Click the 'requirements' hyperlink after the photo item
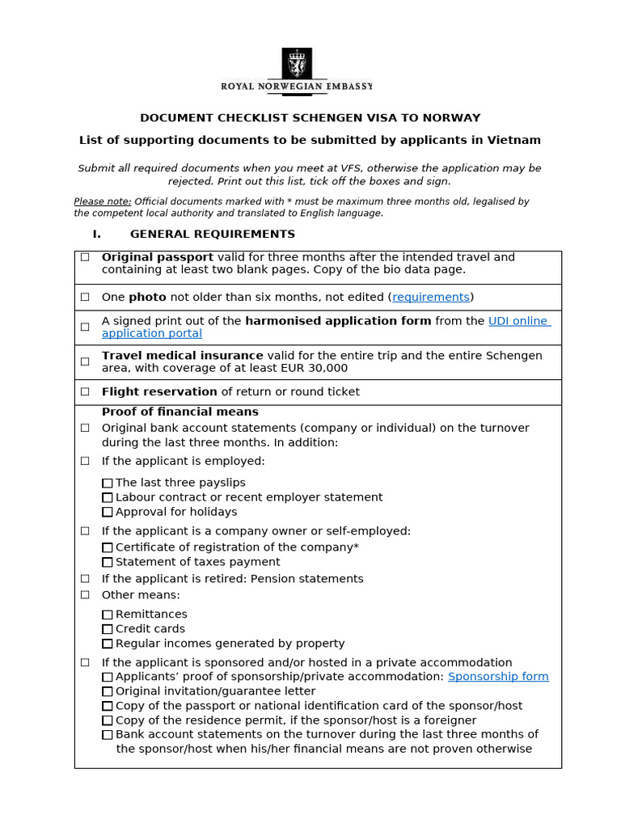coord(431,297)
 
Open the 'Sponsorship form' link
coord(498,676)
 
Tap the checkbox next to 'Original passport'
coord(85,257)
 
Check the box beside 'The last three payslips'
coord(108,483)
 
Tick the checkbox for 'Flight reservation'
coord(85,391)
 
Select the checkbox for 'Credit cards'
coord(108,629)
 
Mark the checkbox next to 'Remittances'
coord(108,615)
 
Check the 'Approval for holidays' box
coord(108,512)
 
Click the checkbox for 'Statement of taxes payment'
coord(108,562)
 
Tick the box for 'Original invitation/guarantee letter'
coord(108,691)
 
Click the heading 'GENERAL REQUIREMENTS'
coord(212,234)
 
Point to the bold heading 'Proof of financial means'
coord(180,412)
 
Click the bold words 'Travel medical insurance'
coord(182,355)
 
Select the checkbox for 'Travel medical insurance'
coord(85,361)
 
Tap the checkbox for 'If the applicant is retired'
coord(85,579)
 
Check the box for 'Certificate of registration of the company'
coord(108,547)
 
